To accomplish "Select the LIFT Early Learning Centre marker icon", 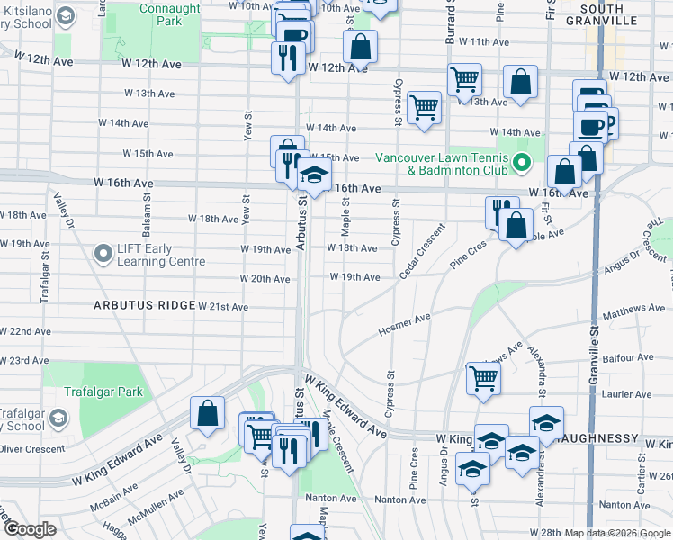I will pyautogui.click(x=104, y=255).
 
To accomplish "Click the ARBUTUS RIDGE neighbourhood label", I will pyautogui.click(x=144, y=306).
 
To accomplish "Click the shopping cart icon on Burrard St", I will pyautogui.click(x=464, y=79).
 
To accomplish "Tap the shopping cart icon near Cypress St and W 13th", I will pyautogui.click(x=424, y=107).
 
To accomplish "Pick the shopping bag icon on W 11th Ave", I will pyautogui.click(x=360, y=47).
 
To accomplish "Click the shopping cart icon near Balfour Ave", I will pyautogui.click(x=483, y=377).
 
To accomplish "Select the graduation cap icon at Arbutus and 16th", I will pyautogui.click(x=314, y=174).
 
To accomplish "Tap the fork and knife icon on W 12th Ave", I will pyautogui.click(x=288, y=58).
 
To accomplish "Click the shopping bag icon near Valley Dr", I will pyautogui.click(x=207, y=414).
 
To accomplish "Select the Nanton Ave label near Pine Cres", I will pyautogui.click(x=400, y=499).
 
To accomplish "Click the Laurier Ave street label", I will pyautogui.click(x=626, y=394).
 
